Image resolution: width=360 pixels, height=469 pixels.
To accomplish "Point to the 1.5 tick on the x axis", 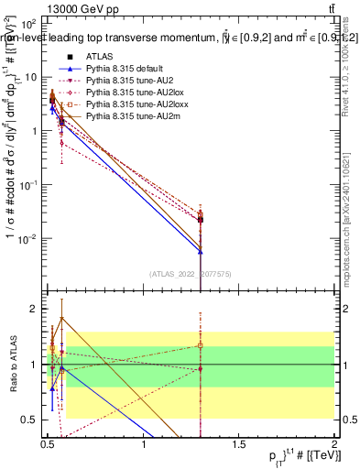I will click(x=240, y=444).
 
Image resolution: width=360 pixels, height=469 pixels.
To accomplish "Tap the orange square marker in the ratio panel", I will click(x=201, y=345).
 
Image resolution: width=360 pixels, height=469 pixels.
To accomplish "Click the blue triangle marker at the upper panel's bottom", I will click(x=201, y=250).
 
